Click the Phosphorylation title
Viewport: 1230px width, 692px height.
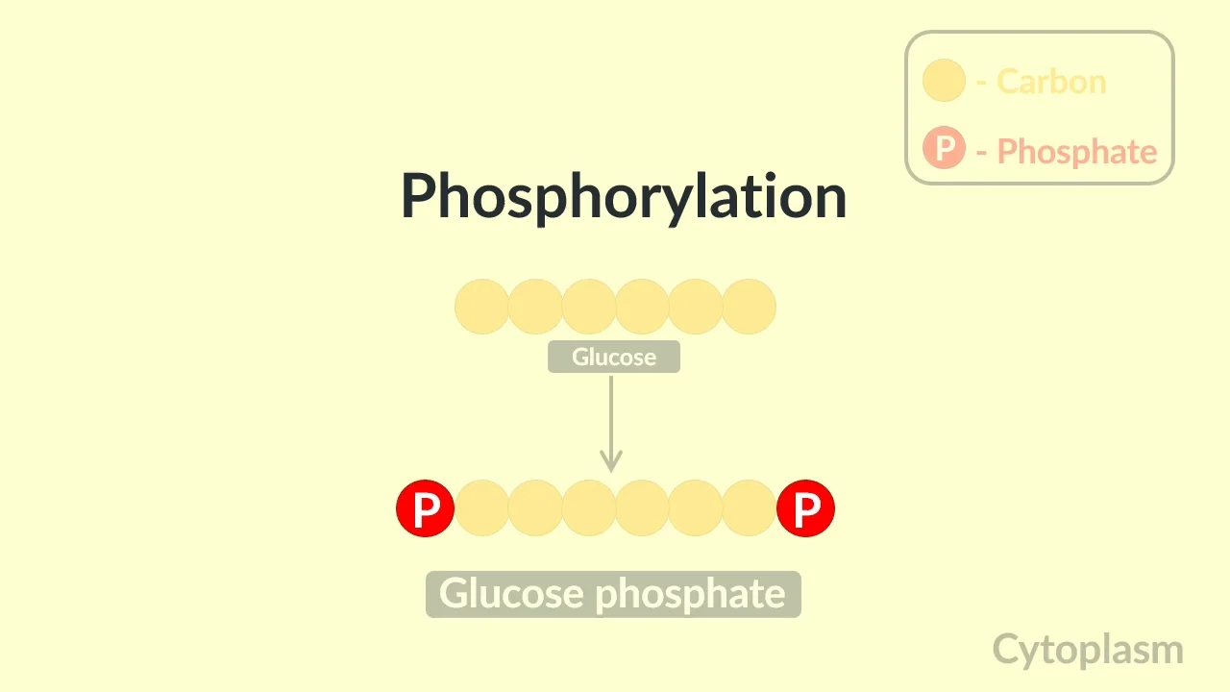tap(623, 196)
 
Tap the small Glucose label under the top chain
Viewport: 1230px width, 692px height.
tap(614, 358)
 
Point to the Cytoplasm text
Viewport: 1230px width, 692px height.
tap(1087, 650)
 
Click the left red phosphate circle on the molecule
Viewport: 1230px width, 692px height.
tap(425, 508)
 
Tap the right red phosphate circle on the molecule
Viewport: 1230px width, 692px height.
tap(805, 508)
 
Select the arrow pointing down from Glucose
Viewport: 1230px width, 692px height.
tap(611, 423)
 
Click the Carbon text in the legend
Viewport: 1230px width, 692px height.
tap(1051, 81)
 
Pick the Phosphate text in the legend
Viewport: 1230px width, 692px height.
tap(1076, 151)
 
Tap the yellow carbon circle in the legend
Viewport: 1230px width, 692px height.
tap(944, 81)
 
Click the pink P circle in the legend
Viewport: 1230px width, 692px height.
tap(944, 149)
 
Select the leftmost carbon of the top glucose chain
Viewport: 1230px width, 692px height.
tap(481, 307)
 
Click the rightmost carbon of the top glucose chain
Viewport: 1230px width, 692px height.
tap(749, 307)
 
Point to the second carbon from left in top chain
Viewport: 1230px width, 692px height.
tap(535, 307)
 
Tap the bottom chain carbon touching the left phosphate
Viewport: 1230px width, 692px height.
tap(481, 508)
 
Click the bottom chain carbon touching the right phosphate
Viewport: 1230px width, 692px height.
tap(749, 508)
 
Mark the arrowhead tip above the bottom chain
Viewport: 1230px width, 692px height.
tap(611, 470)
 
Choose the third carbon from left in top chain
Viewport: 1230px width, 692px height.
tap(588, 307)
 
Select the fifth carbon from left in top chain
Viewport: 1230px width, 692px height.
tap(695, 307)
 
